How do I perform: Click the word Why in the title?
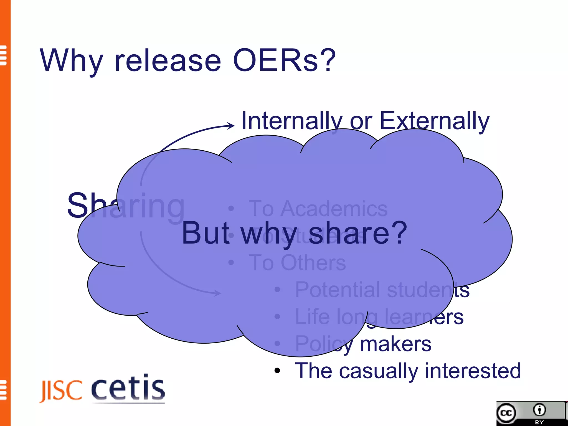click(x=72, y=61)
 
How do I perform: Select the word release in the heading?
click(x=168, y=61)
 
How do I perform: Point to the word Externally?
click(x=434, y=121)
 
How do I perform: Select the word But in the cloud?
click(x=206, y=234)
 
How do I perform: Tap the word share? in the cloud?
click(x=358, y=234)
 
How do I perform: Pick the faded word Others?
click(x=313, y=263)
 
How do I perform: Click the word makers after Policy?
click(x=395, y=344)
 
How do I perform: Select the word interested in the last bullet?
click(x=473, y=371)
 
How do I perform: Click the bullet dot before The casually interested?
click(x=277, y=371)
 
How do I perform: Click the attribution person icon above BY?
click(x=539, y=410)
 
